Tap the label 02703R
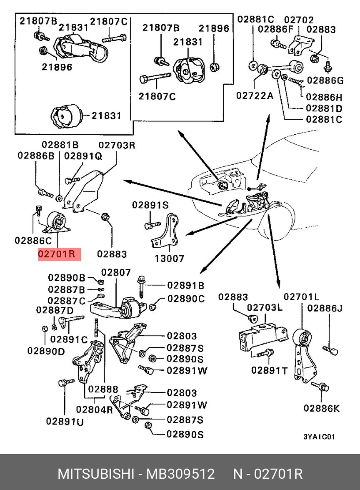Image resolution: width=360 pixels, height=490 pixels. (117, 145)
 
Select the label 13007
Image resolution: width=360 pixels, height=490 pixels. (169, 259)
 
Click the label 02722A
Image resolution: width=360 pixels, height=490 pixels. (255, 95)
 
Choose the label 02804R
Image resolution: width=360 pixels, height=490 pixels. (95, 409)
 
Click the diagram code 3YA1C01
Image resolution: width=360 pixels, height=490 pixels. (319, 437)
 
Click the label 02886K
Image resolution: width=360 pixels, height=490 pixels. (321, 408)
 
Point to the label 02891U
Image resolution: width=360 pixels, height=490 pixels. (65, 422)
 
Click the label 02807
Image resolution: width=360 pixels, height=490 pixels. (116, 272)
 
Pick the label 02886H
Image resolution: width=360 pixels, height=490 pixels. (324, 97)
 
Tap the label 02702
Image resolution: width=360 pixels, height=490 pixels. (299, 19)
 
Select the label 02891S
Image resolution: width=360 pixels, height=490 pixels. (150, 205)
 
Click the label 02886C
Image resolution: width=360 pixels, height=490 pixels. (33, 240)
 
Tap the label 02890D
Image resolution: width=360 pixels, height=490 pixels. (46, 351)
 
